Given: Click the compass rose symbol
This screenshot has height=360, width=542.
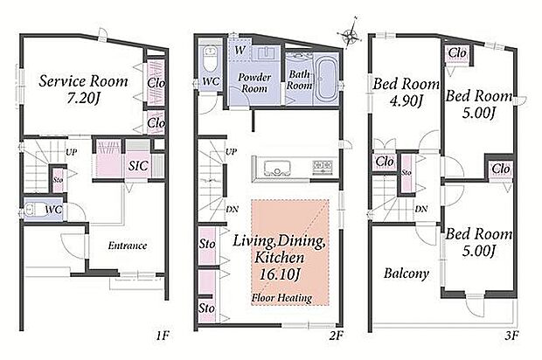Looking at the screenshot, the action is point(351,33).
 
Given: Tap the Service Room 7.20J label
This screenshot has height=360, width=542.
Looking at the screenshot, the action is point(83,89).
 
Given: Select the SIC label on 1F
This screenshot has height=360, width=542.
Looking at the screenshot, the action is point(138,166).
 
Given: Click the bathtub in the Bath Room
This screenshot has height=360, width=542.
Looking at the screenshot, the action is point(327,80).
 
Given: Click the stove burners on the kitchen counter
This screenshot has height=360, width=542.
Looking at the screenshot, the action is point(323,167).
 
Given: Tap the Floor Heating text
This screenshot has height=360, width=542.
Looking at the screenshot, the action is point(281,298).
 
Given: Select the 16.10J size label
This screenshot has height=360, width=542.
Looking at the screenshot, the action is point(279,274).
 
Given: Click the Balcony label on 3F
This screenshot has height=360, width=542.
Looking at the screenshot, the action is point(406,273).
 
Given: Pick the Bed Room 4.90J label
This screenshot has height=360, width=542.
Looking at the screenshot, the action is point(406,93).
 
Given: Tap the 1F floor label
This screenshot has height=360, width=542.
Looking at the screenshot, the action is point(162,336).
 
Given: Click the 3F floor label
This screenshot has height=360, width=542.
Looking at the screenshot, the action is point(511,336).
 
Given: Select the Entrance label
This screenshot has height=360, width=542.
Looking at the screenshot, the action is point(128,246).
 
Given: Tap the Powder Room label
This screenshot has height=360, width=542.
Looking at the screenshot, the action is point(254,82).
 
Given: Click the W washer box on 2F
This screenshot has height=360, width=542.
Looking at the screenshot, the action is point(240,50).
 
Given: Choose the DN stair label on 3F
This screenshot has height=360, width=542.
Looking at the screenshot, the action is point(421,209).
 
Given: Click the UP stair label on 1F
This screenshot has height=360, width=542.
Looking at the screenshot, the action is point(71,152).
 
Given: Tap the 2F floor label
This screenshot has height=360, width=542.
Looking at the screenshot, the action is point(336,336).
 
